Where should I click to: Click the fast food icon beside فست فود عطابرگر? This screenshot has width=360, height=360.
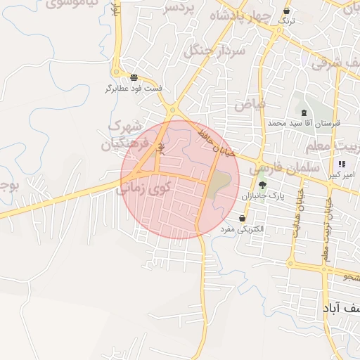[134, 77]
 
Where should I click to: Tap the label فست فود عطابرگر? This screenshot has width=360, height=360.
[134, 89]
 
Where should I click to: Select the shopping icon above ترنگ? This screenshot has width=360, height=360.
[286, 11]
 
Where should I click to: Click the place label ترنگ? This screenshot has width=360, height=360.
[286, 22]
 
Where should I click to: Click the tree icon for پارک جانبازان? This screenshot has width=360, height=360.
[263, 186]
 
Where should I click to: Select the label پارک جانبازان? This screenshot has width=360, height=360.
[263, 197]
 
